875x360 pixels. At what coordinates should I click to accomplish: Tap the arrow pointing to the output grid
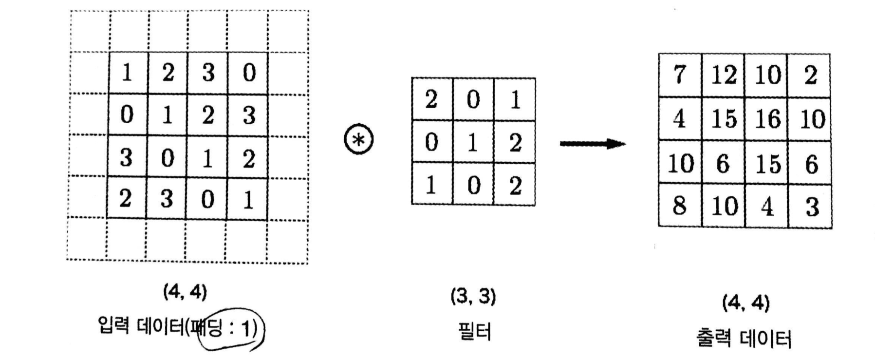[592, 144]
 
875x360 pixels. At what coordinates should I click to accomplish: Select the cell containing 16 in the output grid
[767, 119]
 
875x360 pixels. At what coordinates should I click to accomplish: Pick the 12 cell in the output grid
[724, 76]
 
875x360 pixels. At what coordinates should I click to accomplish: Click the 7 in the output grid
[680, 76]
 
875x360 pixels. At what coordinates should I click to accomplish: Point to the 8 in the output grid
[680, 206]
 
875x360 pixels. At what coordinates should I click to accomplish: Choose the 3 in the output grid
[811, 207]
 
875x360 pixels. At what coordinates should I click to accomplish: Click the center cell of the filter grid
[473, 143]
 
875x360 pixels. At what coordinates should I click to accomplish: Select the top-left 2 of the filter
[431, 100]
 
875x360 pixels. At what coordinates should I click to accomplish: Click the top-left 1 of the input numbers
[127, 73]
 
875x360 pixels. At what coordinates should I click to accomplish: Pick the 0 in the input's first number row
[249, 73]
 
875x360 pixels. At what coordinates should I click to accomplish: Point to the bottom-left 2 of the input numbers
[126, 199]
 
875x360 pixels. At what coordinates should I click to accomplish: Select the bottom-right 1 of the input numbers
[248, 199]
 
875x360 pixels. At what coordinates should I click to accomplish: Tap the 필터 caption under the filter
[474, 332]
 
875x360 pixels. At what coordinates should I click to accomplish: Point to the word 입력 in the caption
[113, 325]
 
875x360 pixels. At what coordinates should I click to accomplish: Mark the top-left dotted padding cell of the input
[90, 31]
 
